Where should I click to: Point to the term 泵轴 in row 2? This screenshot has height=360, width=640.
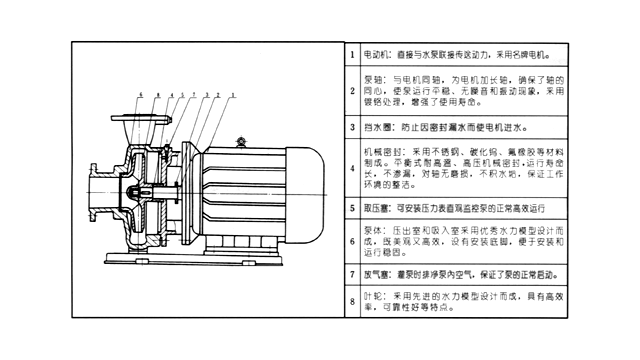point(371,77)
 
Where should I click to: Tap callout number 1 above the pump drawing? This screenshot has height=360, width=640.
point(233,93)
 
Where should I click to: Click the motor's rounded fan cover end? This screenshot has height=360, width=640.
point(307,190)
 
